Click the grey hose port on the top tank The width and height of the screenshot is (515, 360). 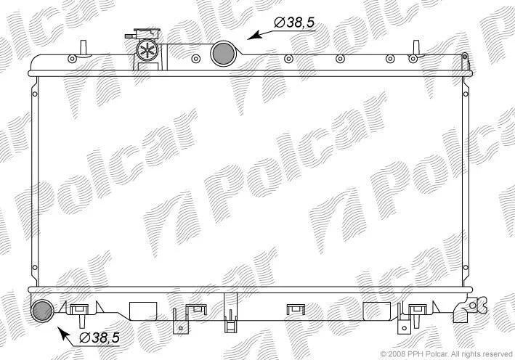[x=223, y=54]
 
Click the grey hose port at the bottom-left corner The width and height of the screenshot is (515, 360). [x=43, y=311]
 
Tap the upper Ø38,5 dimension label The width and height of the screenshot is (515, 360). [x=295, y=22]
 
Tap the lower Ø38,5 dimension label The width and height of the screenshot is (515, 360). [x=100, y=337]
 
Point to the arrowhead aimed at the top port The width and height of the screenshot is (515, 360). [x=254, y=35]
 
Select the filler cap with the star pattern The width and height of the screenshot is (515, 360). [x=147, y=50]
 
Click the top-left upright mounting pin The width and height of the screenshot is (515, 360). [x=84, y=48]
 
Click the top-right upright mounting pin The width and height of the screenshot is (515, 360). [x=416, y=47]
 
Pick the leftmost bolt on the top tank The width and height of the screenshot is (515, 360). [x=72, y=59]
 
